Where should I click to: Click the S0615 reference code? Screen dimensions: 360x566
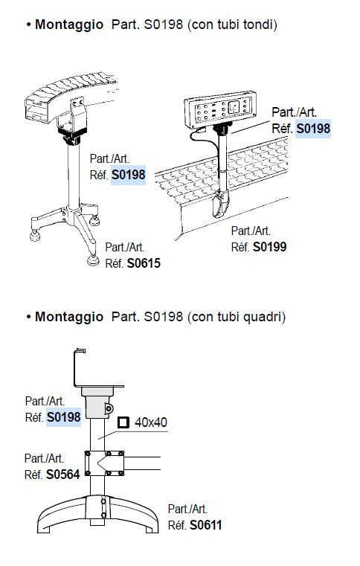(x=144, y=263)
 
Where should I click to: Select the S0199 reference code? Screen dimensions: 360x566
(x=270, y=247)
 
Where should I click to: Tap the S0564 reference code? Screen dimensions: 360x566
(x=63, y=475)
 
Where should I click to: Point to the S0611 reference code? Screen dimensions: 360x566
(x=206, y=525)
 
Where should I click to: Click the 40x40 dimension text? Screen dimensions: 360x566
(x=151, y=422)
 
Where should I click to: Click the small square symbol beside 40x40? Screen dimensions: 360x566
(x=123, y=422)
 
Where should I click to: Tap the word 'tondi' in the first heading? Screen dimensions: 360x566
(x=255, y=25)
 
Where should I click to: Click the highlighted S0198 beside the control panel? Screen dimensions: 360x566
(x=313, y=129)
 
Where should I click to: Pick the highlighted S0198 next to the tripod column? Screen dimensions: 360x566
(x=128, y=175)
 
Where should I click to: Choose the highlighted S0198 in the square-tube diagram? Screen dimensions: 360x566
(x=63, y=417)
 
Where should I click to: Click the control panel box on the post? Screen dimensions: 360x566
(x=220, y=109)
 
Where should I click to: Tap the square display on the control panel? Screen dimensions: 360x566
(x=234, y=107)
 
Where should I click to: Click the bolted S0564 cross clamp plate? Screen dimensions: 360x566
(x=104, y=463)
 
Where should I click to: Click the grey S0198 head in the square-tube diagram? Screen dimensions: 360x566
(x=97, y=402)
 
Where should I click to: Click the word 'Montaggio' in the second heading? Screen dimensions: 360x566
(x=69, y=317)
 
